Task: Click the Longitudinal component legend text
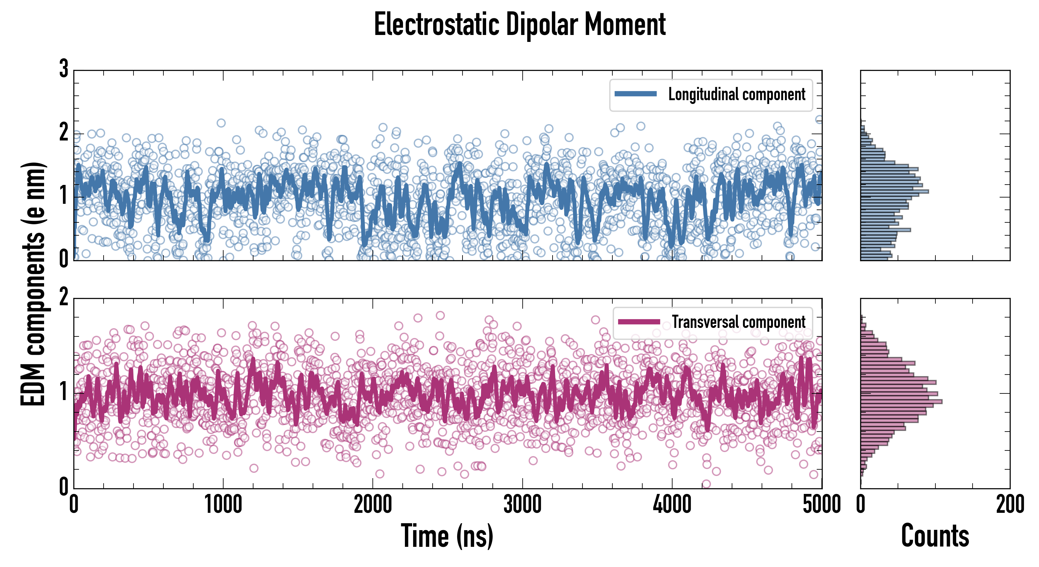pyautogui.click(x=736, y=94)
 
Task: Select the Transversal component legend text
pyautogui.click(x=739, y=322)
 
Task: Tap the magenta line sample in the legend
pyautogui.click(x=639, y=322)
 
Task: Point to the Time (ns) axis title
pyautogui.click(x=447, y=536)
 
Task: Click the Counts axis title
pyautogui.click(x=935, y=536)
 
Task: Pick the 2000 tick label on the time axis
pyautogui.click(x=373, y=504)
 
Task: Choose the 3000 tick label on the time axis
pyautogui.click(x=523, y=504)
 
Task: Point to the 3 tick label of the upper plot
pyautogui.click(x=64, y=69)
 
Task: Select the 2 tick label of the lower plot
pyautogui.click(x=64, y=297)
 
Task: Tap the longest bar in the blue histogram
pyautogui.click(x=894, y=191)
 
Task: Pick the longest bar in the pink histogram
pyautogui.click(x=901, y=402)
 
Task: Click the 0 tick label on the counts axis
pyautogui.click(x=861, y=504)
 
